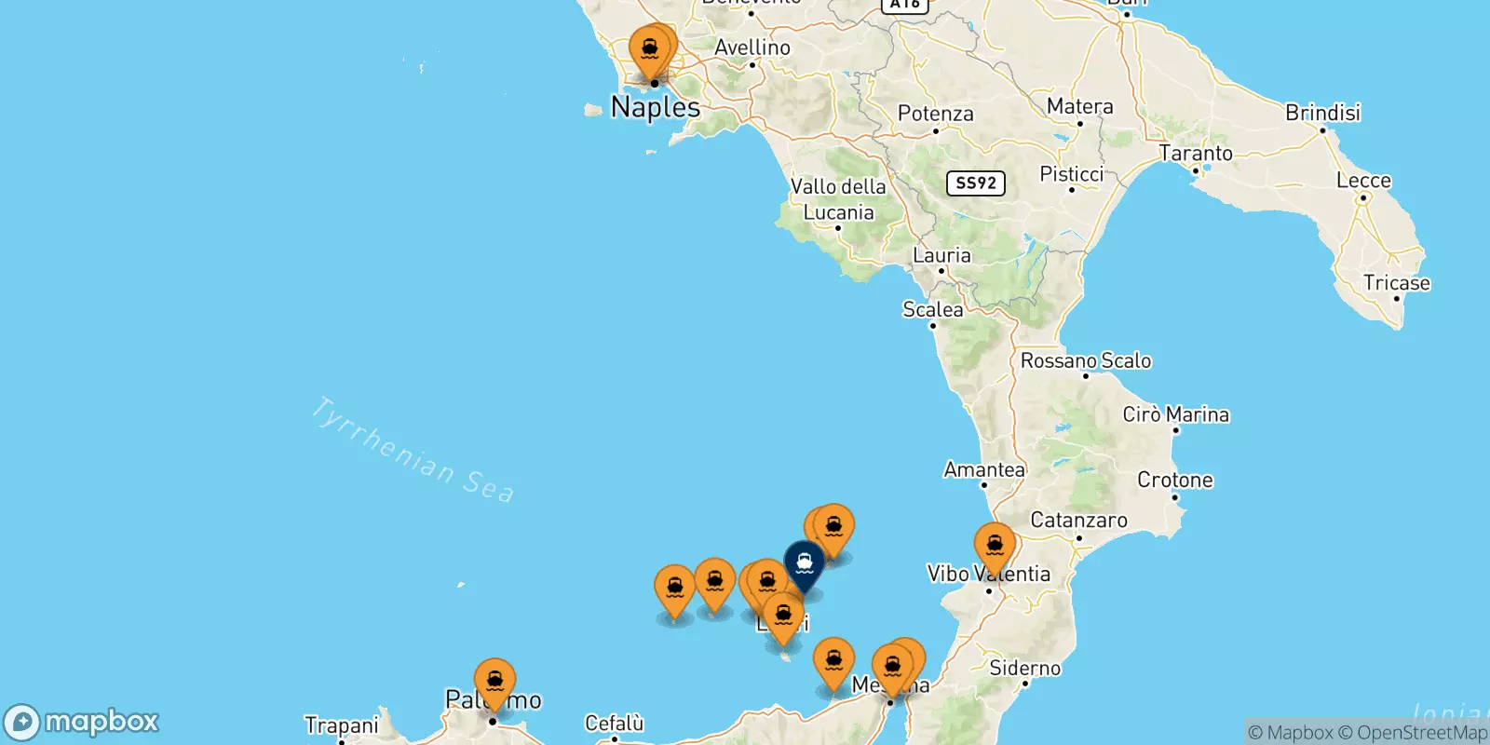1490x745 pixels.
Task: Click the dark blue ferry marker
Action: click(804, 563)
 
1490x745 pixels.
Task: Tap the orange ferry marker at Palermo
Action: click(494, 681)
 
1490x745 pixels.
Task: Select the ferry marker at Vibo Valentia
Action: click(995, 545)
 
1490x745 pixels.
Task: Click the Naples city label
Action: click(656, 107)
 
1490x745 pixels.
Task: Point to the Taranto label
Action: click(1195, 153)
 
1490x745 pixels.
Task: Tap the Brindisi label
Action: click(1322, 113)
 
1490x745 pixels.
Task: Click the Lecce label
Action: click(1363, 181)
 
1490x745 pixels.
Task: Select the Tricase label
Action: click(1396, 283)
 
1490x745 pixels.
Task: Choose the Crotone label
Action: click(1174, 481)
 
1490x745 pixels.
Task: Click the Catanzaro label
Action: click(1078, 521)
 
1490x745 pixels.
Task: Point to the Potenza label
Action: click(935, 114)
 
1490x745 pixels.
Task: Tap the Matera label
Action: click(1079, 106)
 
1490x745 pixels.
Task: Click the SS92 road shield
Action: click(975, 183)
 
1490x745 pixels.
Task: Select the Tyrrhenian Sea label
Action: click(413, 450)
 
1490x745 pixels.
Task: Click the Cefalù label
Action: click(614, 724)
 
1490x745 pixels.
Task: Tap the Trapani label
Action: click(341, 725)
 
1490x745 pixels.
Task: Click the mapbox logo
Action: click(82, 722)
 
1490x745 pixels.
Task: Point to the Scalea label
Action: click(932, 309)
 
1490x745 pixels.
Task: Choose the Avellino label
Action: click(752, 47)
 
